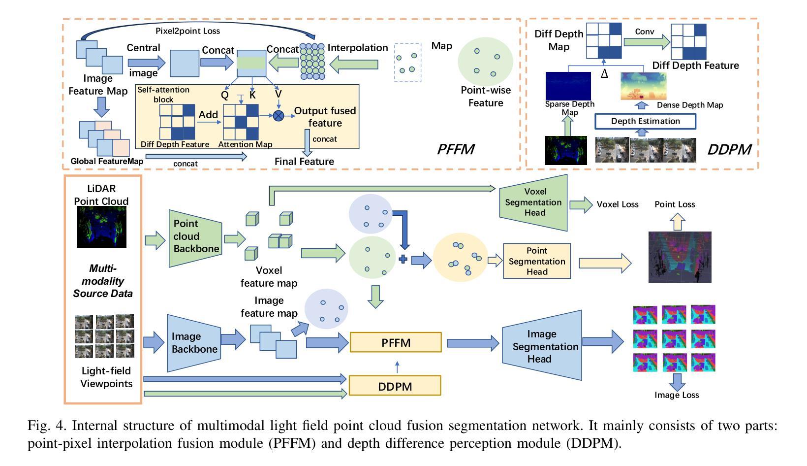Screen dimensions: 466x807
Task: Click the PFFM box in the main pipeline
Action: [396, 342]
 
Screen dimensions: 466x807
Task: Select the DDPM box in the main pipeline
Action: [395, 386]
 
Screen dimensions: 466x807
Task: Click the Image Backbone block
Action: [194, 343]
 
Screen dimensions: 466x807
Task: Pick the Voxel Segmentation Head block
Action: [533, 202]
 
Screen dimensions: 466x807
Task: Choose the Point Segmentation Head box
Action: [537, 261]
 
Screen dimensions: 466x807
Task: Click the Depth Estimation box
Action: [645, 121]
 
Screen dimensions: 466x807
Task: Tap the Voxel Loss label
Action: [618, 204]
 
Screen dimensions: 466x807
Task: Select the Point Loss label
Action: [675, 204]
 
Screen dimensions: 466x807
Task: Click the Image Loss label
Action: [677, 395]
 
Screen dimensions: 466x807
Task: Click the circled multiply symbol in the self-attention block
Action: [279, 116]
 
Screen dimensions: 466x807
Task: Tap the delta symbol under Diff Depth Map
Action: [604, 74]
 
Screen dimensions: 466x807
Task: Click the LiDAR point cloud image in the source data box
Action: [101, 227]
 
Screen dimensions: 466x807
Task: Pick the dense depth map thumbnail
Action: [643, 86]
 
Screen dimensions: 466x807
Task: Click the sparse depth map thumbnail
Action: [568, 86]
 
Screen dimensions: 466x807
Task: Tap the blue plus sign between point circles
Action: [403, 260]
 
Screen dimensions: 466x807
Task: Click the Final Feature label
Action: [304, 162]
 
